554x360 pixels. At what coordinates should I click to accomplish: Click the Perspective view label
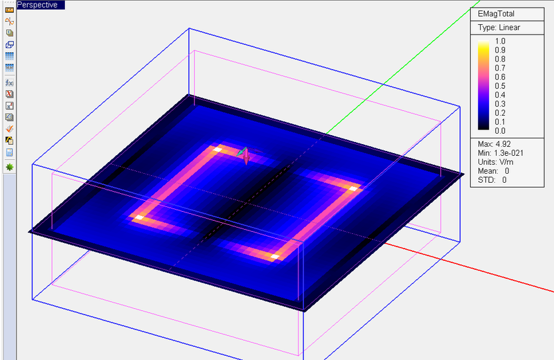(37, 5)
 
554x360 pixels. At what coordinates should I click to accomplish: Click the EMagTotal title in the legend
(496, 14)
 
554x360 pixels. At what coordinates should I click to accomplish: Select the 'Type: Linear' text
(499, 28)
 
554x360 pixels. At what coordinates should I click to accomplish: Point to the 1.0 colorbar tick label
(500, 41)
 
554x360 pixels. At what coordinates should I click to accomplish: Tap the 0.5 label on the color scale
(500, 86)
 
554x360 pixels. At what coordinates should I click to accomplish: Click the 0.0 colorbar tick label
(500, 131)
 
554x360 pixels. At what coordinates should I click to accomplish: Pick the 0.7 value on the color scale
(500, 68)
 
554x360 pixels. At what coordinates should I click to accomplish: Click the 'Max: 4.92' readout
(494, 144)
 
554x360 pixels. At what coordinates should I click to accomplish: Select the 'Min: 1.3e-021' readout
(501, 153)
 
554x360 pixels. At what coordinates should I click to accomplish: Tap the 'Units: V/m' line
(496, 162)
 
